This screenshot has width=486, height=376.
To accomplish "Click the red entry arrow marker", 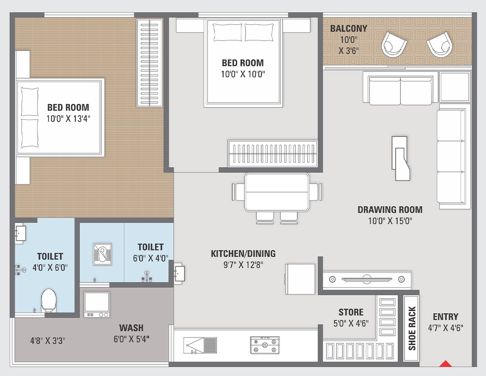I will point(446,363).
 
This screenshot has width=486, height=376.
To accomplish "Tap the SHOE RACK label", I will point(412,329).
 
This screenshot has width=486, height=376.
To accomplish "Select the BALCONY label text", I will point(348,29).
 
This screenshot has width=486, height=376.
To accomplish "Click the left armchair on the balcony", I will point(394,43).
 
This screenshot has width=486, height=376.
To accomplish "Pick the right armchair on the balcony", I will point(439,44).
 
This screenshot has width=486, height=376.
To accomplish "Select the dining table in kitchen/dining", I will point(277,192).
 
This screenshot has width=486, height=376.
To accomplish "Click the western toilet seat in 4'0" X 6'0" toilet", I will point(49,300).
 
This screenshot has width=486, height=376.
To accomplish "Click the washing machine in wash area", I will point(97,304).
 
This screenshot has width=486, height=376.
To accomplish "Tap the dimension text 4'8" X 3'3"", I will point(47,340).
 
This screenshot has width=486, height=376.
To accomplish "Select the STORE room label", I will point(351,312).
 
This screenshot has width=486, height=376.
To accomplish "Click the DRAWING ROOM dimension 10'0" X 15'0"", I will point(390,221).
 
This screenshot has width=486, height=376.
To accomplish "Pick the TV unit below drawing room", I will point(366,279).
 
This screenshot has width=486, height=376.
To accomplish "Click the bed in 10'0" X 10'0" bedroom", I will point(243,63).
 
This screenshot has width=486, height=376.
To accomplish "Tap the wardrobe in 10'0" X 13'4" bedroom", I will point(149,63).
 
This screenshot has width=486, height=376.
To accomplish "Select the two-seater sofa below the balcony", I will point(401,91).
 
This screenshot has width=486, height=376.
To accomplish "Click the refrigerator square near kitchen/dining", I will point(300,279).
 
